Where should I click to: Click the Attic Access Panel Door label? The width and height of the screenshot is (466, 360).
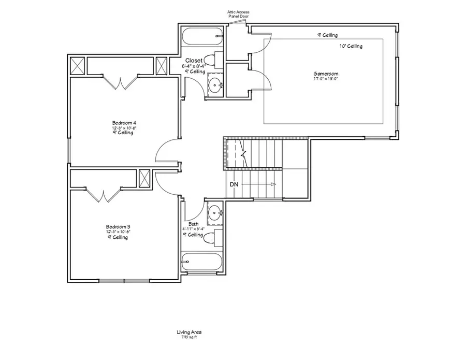239,13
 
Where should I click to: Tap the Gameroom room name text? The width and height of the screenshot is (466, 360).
326,74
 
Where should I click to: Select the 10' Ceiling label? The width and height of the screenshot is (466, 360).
351,46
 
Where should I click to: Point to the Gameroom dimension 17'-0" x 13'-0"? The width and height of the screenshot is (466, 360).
326,79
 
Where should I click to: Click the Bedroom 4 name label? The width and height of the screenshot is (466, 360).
124,123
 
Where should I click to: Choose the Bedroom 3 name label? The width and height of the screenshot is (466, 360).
118,226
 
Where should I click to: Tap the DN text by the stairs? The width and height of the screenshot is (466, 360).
234,184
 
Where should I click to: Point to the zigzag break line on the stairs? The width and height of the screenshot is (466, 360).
244,153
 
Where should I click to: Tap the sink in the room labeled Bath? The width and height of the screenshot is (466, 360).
215,212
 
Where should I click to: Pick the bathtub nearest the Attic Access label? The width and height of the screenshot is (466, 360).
202,37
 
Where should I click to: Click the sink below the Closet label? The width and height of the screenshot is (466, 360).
215,84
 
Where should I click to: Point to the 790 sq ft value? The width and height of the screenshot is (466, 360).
190,337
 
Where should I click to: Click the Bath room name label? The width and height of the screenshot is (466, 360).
194,224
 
